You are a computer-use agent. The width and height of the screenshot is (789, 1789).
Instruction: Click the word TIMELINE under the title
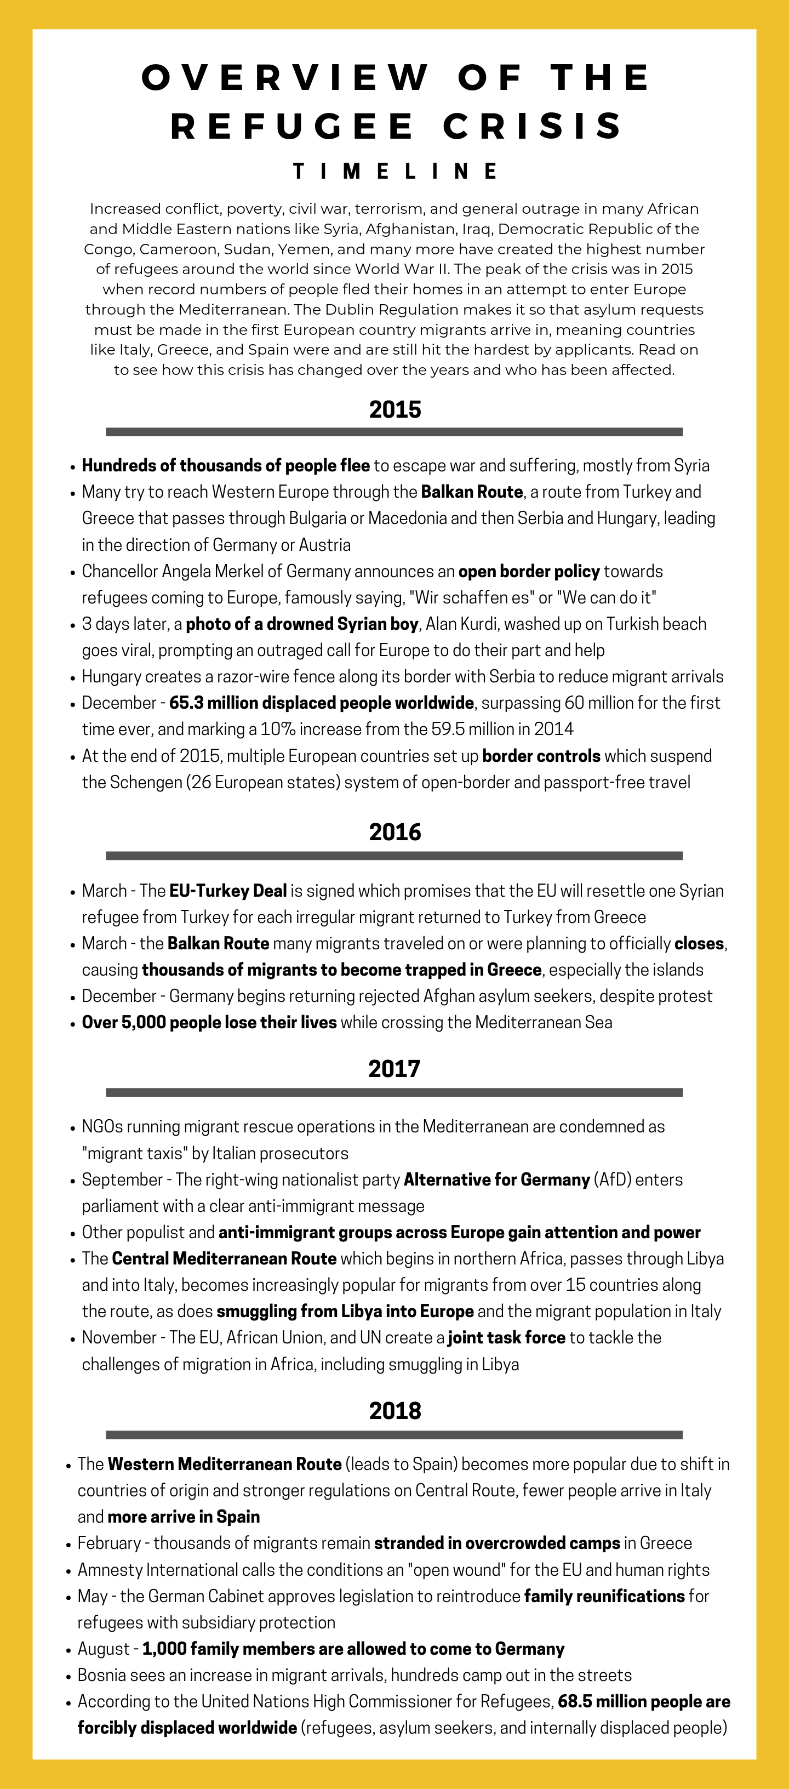coord(395,171)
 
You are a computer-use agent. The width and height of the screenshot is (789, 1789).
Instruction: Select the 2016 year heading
coord(395,831)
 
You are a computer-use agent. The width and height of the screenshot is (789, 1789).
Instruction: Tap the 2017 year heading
coord(395,1068)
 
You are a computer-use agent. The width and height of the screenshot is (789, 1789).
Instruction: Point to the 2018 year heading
coord(395,1410)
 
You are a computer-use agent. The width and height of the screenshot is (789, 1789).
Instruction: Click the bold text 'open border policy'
coord(529,571)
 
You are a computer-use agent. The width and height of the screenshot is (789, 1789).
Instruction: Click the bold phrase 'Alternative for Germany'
coord(496,1180)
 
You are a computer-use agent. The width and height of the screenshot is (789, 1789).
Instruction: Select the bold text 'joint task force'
coord(506,1337)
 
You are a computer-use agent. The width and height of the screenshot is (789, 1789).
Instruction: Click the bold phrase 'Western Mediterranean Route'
coord(224,1463)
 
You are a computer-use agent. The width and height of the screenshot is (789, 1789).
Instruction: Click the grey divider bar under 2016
coord(395,856)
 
